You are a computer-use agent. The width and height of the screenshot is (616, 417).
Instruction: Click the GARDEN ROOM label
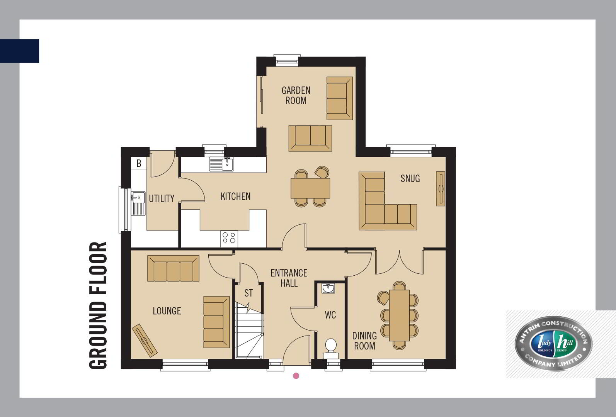[296, 96]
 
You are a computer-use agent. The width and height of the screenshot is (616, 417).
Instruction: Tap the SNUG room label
[410, 178]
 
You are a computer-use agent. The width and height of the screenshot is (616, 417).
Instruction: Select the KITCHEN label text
[235, 197]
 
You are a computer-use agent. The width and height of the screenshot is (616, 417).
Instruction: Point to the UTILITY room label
[162, 198]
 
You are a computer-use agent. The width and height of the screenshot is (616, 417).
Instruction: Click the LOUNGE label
[167, 311]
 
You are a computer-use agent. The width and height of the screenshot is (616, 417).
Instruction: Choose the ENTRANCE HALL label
[289, 278]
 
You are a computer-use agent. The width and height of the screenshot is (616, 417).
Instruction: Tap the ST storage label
[248, 293]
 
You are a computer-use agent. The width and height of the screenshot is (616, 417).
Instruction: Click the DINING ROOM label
[364, 341]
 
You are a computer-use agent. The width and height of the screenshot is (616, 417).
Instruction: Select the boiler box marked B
[139, 163]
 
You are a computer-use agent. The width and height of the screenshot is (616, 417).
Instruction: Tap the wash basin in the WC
[328, 288]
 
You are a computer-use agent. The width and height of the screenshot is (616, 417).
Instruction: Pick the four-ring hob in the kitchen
[229, 239]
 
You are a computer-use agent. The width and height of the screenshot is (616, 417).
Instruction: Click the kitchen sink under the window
[221, 164]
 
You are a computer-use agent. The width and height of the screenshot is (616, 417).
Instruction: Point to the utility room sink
[138, 203]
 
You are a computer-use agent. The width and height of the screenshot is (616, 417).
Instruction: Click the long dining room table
[399, 315]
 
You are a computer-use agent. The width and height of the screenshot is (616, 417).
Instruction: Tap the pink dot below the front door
[296, 376]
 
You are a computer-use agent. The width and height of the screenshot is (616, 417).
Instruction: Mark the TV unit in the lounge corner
[145, 341]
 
